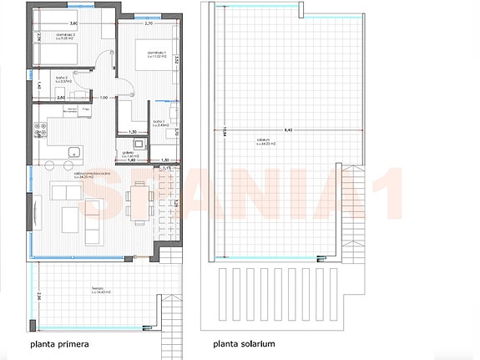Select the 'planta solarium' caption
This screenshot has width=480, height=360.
tap(244, 343)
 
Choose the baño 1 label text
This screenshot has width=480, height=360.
tap(161, 122)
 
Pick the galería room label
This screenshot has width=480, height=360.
tap(129, 155)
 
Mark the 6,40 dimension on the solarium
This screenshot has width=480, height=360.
tap(289, 130)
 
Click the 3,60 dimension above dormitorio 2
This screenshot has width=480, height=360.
tap(73, 23)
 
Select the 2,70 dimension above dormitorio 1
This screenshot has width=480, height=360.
tap(149, 23)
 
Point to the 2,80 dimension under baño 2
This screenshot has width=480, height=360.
tap(61, 99)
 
